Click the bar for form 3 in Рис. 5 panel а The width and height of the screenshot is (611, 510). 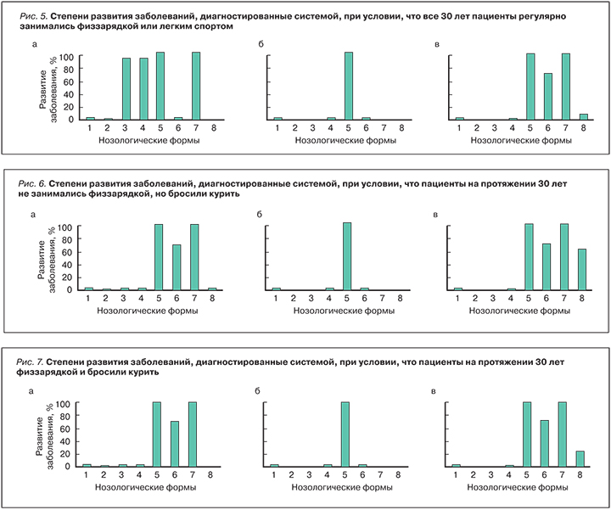coord(126,88)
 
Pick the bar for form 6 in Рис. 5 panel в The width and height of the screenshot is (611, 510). coord(548,96)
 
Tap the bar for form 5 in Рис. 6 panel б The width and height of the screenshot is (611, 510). coord(346,256)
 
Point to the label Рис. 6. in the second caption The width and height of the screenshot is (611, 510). coord(33,182)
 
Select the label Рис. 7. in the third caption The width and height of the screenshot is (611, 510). coord(33,361)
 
